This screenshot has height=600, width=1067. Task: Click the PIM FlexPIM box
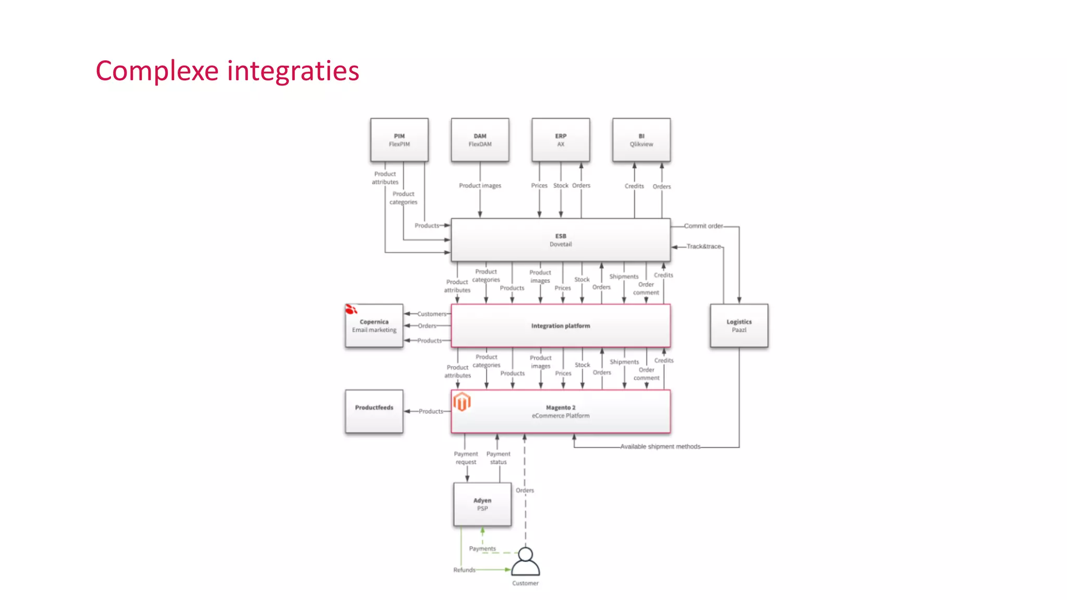click(x=399, y=140)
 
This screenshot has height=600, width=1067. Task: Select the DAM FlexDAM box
click(x=480, y=140)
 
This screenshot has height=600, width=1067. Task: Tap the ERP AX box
click(x=561, y=140)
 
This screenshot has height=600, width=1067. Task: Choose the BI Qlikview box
click(x=641, y=140)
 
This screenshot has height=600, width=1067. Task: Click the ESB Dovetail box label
click(x=561, y=240)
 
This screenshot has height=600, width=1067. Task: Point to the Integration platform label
click(x=561, y=326)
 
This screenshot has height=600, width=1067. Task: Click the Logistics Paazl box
click(x=739, y=326)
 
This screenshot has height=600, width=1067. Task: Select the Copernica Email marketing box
click(x=374, y=326)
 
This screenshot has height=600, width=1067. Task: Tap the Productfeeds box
click(x=374, y=411)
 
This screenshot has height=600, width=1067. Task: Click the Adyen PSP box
click(x=482, y=504)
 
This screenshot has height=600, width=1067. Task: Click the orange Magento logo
click(x=462, y=402)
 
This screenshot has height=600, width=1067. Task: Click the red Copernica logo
click(x=351, y=310)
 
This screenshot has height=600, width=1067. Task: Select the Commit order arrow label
click(x=703, y=226)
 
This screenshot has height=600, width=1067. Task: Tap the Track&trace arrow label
click(x=703, y=246)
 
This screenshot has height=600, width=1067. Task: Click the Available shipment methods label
click(x=660, y=447)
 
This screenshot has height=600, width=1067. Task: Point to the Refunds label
click(x=464, y=570)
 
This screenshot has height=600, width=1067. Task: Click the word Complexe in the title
click(x=157, y=71)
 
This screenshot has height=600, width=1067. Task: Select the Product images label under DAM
click(x=480, y=186)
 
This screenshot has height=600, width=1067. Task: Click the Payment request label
click(x=466, y=458)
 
